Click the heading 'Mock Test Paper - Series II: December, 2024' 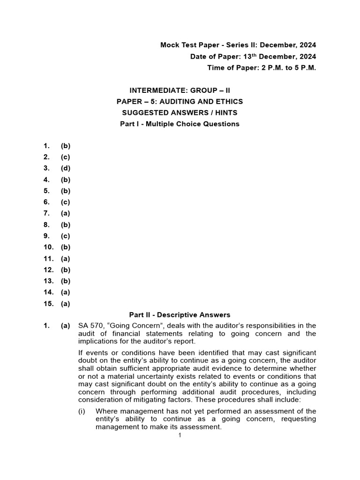pyautogui.click(x=238, y=45)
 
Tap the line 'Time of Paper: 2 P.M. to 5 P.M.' pyautogui.click(x=262, y=68)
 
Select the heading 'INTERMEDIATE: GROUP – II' pyautogui.click(x=180, y=90)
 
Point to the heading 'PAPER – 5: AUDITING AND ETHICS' pyautogui.click(x=180, y=101)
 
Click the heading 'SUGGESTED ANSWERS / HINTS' pyautogui.click(x=180, y=112)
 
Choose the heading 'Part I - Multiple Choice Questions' pyautogui.click(x=180, y=124)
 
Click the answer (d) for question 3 pyautogui.click(x=65, y=168)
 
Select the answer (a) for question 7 pyautogui.click(x=65, y=213)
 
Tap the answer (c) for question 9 pyautogui.click(x=65, y=236)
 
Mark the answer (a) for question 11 pyautogui.click(x=65, y=258)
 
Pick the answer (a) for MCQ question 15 pyautogui.click(x=65, y=303)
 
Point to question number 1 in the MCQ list pyautogui.click(x=46, y=146)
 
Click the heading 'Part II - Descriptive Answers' pyautogui.click(x=180, y=315)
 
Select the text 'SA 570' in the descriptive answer pyautogui.click(x=89, y=325)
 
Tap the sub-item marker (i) pyautogui.click(x=82, y=411)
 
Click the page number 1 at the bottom pyautogui.click(x=180, y=435)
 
